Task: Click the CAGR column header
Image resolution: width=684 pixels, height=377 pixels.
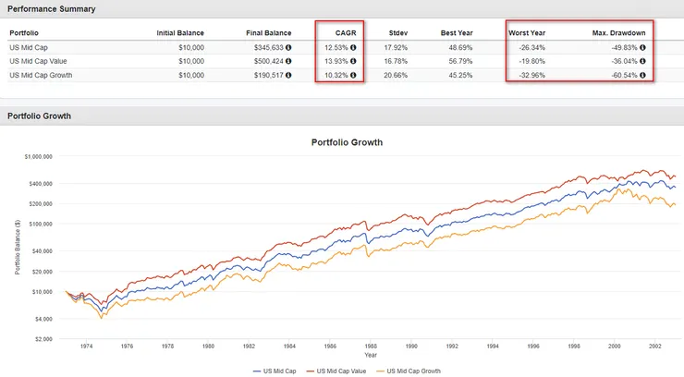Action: pos(345,32)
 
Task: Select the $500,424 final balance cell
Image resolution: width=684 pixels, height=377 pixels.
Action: pos(268,61)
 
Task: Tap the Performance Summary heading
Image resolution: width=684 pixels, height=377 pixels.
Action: pos(46,8)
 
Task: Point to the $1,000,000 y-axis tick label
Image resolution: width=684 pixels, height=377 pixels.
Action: pos(43,156)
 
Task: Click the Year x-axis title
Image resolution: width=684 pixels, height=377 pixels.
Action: pos(370,355)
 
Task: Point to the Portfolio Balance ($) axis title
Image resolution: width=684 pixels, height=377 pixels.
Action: pos(18,247)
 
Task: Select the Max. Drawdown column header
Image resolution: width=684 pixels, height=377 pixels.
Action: pos(617,32)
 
